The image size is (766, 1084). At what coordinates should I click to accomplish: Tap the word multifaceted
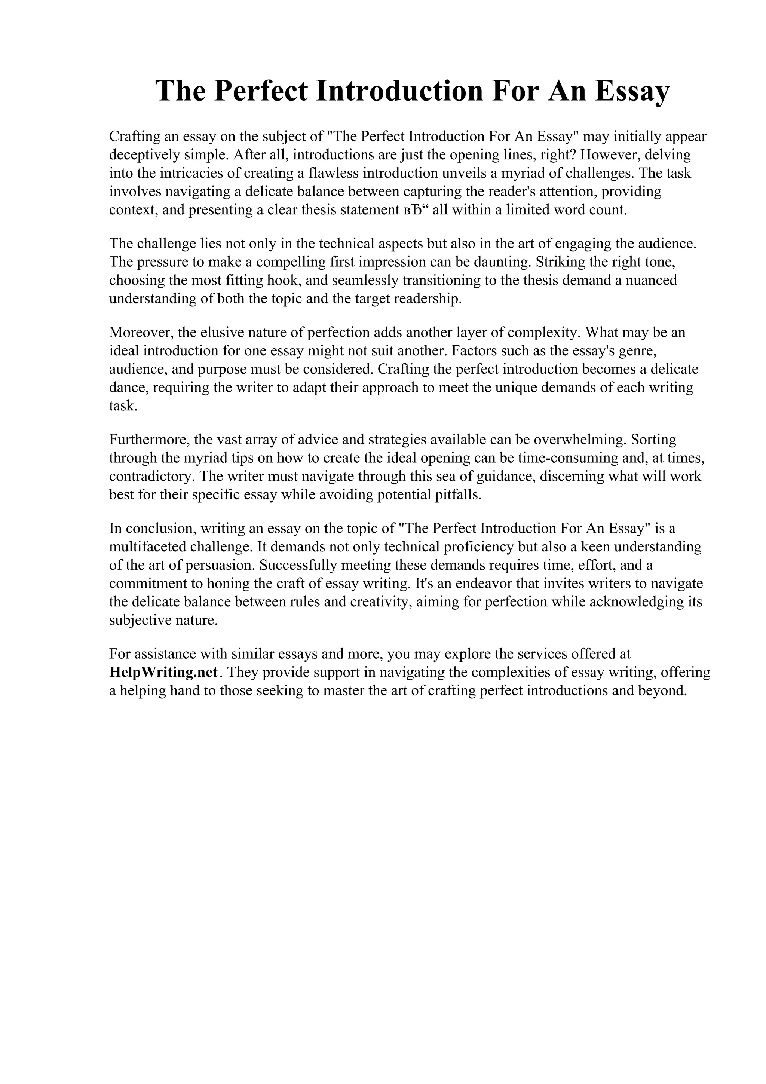pos(148,547)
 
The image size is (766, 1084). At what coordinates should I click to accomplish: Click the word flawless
pos(333,173)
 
